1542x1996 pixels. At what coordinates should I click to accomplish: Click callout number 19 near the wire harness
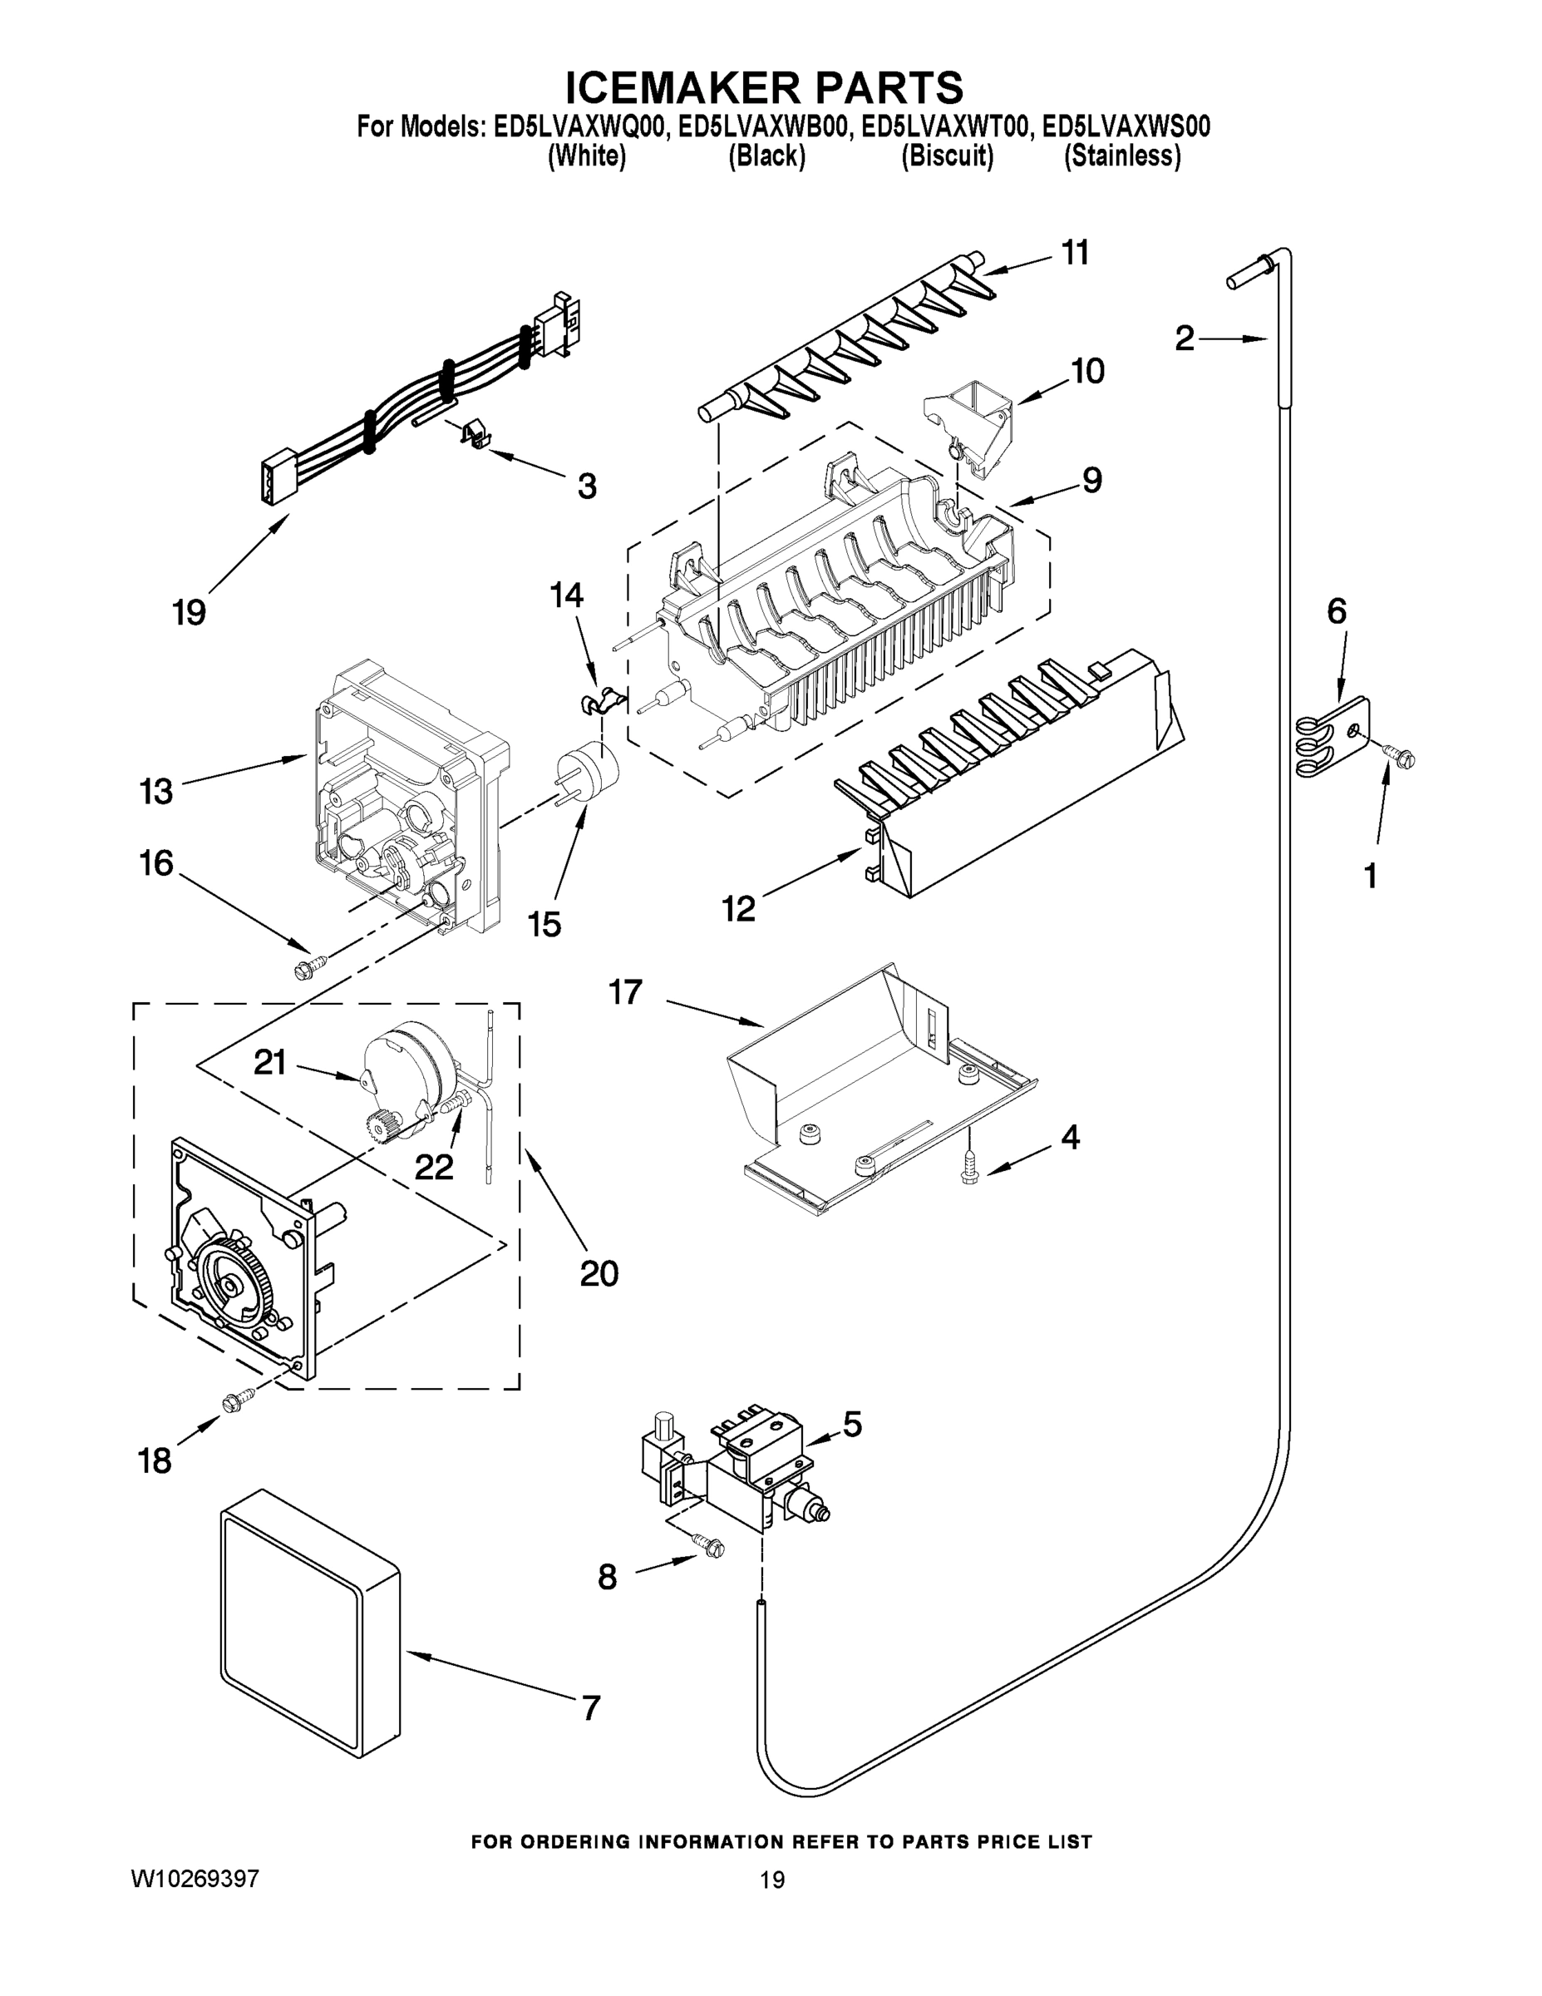[189, 611]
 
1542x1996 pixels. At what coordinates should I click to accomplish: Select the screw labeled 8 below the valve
[710, 1545]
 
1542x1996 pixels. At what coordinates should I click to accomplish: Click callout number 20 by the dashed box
[599, 1273]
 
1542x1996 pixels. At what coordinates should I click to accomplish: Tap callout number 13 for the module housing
[156, 792]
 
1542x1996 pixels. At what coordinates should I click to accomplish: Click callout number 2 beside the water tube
[1184, 339]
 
